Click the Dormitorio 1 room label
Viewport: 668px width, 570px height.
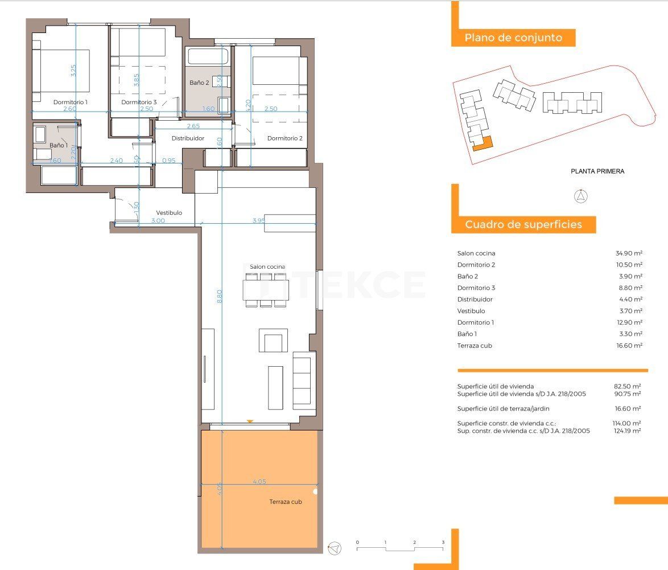pyautogui.click(x=71, y=102)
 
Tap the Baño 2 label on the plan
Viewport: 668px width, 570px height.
pyautogui.click(x=199, y=83)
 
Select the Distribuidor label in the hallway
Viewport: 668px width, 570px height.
pyautogui.click(x=188, y=138)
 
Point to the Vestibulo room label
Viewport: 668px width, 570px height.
pyautogui.click(x=169, y=212)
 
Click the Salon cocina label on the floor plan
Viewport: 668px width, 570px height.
pyautogui.click(x=267, y=266)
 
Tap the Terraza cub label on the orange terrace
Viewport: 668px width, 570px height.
pyautogui.click(x=286, y=502)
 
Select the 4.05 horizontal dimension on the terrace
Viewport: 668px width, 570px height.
pyautogui.click(x=259, y=482)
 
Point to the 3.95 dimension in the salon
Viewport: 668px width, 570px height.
pyautogui.click(x=259, y=220)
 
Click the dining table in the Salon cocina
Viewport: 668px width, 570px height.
pyautogui.click(x=266, y=290)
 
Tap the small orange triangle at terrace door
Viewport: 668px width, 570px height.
pyautogui.click(x=249, y=421)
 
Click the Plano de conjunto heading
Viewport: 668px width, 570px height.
pyautogui.click(x=513, y=38)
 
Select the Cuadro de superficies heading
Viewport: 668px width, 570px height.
pyautogui.click(x=523, y=224)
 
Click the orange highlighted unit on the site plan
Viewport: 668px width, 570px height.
pyautogui.click(x=484, y=144)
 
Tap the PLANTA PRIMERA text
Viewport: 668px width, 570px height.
pyautogui.click(x=597, y=171)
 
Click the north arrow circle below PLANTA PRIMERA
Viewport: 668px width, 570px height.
pyautogui.click(x=581, y=197)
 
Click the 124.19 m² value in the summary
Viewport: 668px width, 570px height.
pyautogui.click(x=629, y=431)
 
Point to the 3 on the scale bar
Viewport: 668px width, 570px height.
pyautogui.click(x=443, y=542)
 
